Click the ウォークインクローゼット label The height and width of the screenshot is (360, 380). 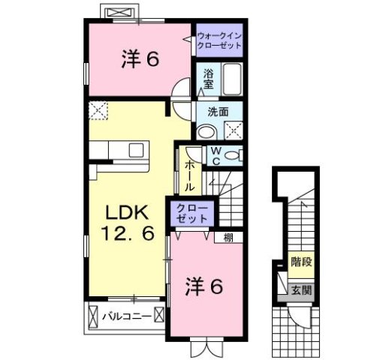(219, 40)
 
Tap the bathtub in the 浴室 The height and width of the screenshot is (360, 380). (232, 79)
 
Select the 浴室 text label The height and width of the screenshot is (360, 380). (208, 79)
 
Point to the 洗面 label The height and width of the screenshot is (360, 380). (218, 112)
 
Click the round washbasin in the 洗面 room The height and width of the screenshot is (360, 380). (207, 132)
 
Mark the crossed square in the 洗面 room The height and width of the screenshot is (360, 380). (234, 130)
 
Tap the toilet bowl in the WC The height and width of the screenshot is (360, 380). (233, 155)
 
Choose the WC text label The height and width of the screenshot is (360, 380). (216, 156)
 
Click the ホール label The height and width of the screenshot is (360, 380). (189, 175)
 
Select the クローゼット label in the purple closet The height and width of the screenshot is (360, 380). (192, 214)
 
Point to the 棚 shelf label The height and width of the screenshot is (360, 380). (228, 238)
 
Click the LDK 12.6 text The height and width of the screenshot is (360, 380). (127, 223)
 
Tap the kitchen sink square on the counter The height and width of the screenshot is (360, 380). (136, 150)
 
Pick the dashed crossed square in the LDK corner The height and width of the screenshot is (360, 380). (98, 110)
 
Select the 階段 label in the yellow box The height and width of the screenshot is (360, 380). (301, 262)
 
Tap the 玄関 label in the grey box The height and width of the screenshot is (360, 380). (301, 290)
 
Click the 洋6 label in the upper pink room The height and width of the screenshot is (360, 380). (140, 60)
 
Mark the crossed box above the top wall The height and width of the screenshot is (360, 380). (119, 12)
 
